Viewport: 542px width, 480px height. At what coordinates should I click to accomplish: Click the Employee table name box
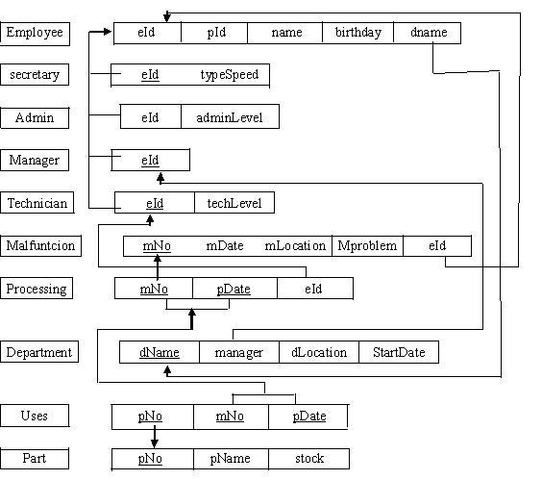[x=35, y=34]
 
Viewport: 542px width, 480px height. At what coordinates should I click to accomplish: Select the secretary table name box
[x=35, y=74]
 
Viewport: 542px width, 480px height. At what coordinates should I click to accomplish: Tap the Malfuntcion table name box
[x=40, y=246]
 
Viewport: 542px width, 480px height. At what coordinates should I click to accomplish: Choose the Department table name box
[x=39, y=352]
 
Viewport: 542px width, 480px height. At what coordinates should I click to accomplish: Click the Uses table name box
[x=35, y=416]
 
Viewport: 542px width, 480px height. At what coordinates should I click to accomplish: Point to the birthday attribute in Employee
[x=358, y=33]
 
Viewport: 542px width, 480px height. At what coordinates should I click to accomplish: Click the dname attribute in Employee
[x=429, y=33]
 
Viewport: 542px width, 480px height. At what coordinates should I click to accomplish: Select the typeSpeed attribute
[x=230, y=75]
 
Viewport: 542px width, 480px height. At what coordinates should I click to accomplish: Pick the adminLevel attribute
[x=230, y=117]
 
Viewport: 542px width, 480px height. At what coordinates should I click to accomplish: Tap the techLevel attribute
[x=234, y=203]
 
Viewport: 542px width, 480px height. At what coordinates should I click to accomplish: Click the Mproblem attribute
[x=367, y=246]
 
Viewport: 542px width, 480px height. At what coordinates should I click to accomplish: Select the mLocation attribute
[x=295, y=246]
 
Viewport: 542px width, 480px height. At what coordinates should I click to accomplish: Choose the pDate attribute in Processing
[x=234, y=289]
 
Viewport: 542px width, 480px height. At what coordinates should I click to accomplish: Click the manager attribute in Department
[x=239, y=352]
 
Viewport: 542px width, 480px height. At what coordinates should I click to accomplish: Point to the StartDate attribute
[x=399, y=352]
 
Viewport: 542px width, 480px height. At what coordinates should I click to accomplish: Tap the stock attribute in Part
[x=309, y=459]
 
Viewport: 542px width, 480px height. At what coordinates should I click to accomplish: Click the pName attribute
[x=231, y=459]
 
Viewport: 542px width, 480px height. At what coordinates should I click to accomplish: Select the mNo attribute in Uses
[x=231, y=417]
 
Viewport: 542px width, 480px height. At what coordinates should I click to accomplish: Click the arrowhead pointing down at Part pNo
[x=155, y=443]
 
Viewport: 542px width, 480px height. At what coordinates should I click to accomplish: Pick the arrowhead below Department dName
[x=167, y=370]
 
